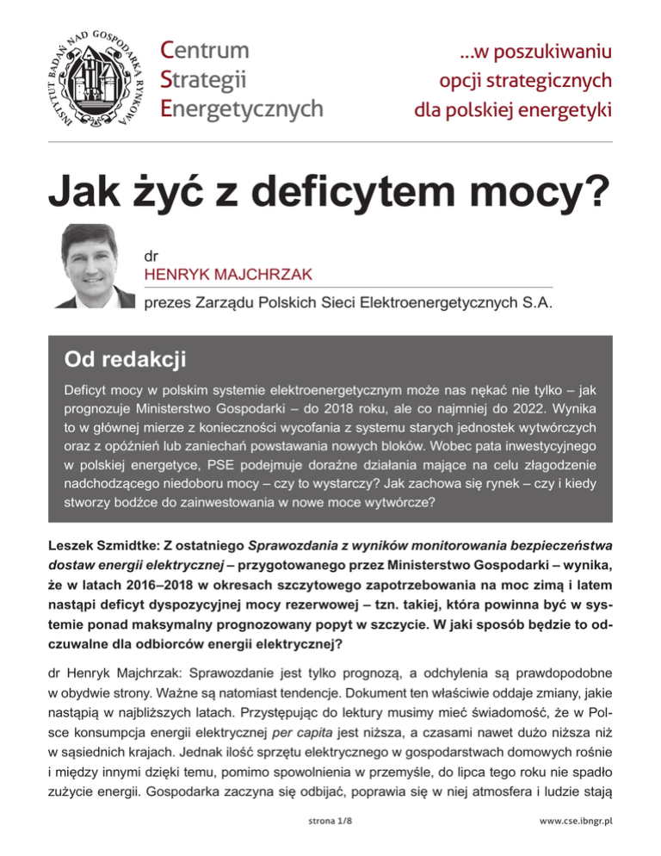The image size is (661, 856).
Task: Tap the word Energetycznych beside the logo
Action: (x=243, y=108)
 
